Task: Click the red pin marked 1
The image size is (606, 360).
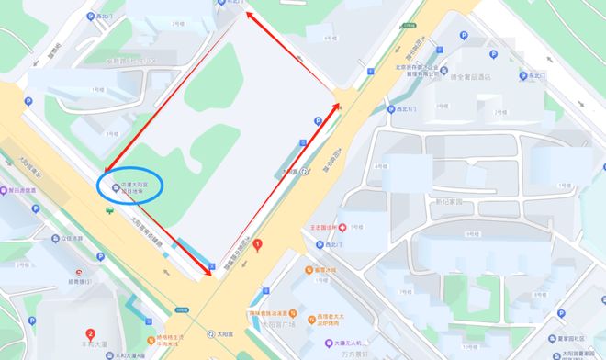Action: (258, 245)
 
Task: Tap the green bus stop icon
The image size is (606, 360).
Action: (110, 210)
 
